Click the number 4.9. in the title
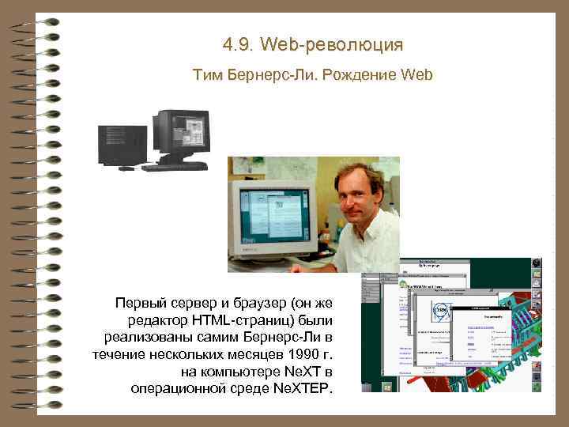239,45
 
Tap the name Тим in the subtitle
208,76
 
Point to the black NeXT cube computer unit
121,144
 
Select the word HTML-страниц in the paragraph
261,319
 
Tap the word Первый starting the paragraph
141,302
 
